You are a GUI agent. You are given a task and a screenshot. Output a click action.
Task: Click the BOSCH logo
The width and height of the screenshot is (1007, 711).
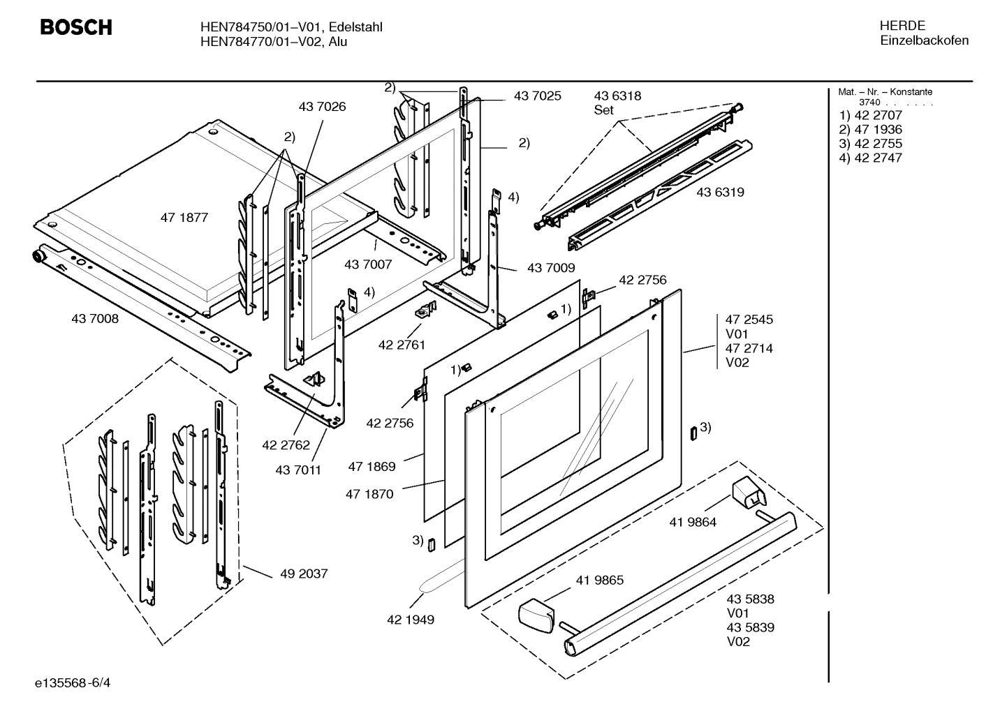point(76,27)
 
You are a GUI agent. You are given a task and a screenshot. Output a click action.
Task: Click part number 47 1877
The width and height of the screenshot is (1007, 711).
point(184,218)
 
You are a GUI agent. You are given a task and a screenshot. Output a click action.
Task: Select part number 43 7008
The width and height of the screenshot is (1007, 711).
point(95,319)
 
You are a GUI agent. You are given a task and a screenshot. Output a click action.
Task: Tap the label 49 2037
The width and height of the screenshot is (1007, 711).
point(304,574)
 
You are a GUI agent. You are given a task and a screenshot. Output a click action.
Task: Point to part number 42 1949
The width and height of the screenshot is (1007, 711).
point(411,620)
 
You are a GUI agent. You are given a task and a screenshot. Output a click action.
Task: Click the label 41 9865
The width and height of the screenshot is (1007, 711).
point(600,581)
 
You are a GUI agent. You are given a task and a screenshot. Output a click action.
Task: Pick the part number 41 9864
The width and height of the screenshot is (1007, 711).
point(693,522)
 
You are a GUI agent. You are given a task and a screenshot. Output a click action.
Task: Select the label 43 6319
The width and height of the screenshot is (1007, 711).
point(720,192)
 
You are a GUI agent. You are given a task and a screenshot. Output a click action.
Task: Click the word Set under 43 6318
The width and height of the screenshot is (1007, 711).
point(603,110)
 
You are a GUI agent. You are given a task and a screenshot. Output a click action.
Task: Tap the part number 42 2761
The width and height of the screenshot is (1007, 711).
point(402,345)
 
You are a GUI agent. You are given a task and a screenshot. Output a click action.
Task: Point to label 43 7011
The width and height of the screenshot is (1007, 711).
point(298,470)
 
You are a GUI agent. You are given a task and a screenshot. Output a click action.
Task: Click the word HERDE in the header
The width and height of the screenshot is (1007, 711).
point(902,26)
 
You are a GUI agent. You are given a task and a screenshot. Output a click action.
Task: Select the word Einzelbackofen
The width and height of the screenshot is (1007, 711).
point(924,40)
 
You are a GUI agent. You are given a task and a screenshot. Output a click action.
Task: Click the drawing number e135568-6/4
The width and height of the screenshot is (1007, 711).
point(73,682)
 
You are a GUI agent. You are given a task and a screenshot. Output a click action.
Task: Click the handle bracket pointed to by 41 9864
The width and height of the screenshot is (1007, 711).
point(748,494)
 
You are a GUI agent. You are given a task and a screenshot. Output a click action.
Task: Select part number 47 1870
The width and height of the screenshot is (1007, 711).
point(369,494)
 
